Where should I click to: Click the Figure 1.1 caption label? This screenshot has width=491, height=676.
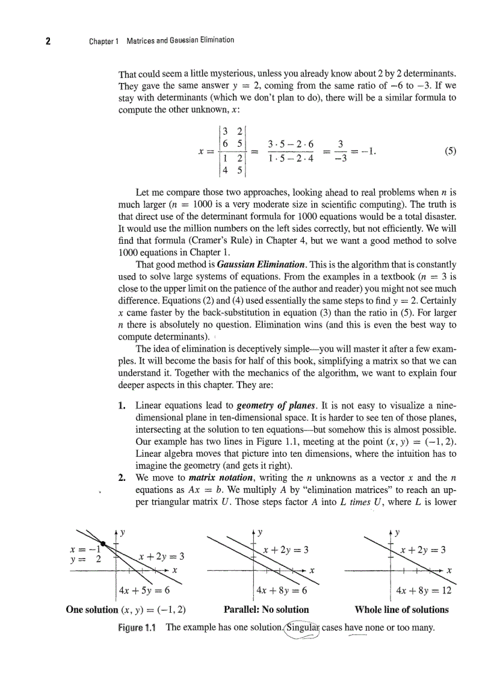137,628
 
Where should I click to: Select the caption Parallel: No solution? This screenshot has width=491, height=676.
266,609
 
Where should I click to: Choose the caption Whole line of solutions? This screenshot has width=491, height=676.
401,609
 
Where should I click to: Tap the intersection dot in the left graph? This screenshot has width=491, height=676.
103,544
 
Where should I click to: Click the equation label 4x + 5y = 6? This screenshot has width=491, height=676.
144,590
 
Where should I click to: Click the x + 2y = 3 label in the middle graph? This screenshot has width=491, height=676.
286,550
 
